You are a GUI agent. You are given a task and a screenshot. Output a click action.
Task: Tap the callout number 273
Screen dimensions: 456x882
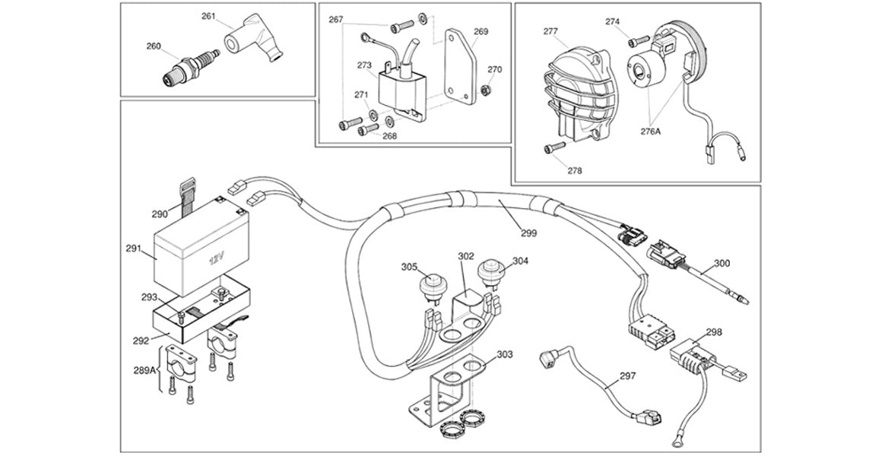tap(364, 65)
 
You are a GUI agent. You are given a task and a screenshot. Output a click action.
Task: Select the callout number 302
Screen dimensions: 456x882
tap(465, 257)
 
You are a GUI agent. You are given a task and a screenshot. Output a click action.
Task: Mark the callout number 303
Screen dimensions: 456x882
tap(505, 355)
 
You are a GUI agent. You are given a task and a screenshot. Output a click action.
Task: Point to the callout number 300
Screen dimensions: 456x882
tap(722, 263)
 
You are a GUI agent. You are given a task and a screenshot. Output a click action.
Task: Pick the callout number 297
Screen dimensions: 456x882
tap(627, 375)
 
